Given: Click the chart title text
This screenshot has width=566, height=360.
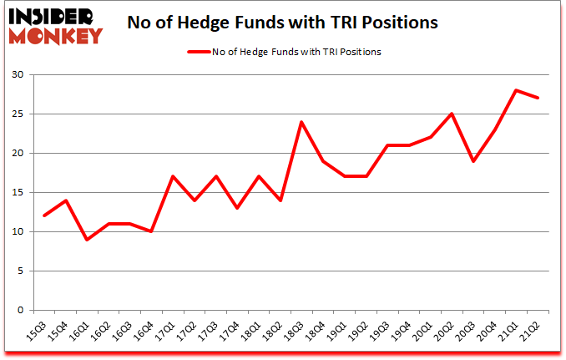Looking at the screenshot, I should [282, 23].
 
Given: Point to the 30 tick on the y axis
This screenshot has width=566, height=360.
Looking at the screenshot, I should [19, 75].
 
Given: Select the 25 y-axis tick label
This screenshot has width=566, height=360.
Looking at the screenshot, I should [19, 114].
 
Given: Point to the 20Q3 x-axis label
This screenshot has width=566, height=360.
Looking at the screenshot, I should [472, 332].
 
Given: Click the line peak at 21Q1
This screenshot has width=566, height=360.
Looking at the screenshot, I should [518, 90].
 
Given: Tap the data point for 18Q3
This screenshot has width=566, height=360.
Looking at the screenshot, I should [300, 122].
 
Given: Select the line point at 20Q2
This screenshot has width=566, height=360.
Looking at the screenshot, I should [452, 114].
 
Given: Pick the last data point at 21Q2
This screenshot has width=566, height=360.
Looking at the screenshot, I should [539, 99].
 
